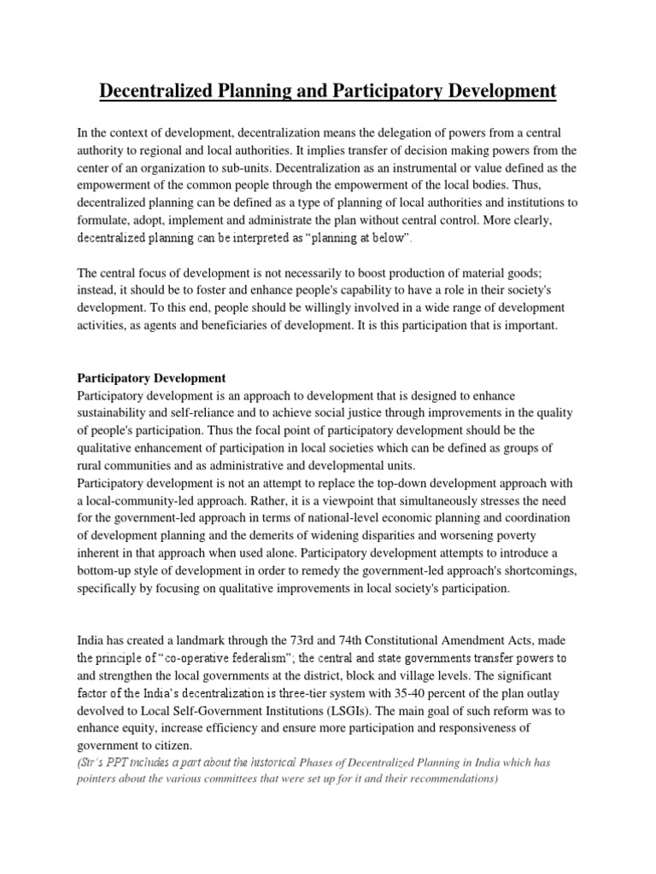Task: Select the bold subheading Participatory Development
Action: [151, 377]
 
